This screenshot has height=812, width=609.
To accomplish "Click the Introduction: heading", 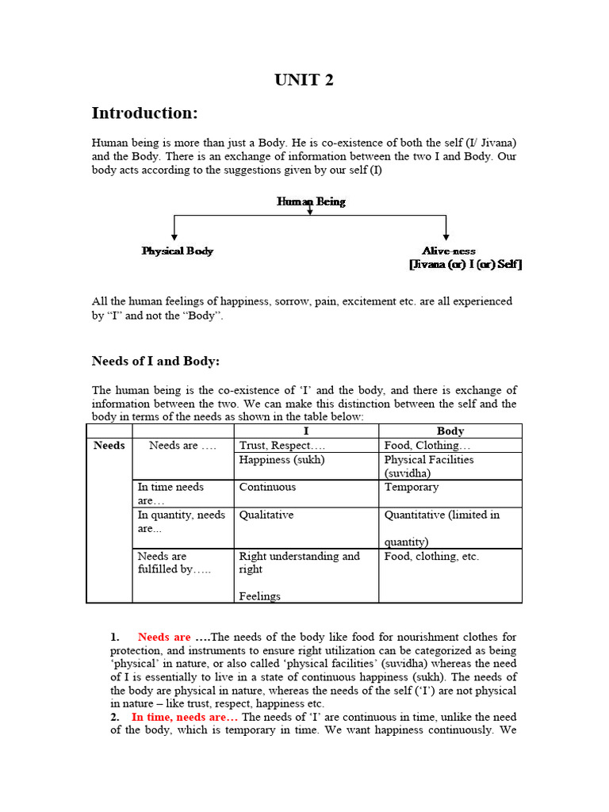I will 144,113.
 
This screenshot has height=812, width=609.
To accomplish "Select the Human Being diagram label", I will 311,201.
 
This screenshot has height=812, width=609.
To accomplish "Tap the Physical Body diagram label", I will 178,251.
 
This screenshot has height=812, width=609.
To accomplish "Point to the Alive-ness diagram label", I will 448,251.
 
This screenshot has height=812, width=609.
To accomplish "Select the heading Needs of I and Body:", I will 155,362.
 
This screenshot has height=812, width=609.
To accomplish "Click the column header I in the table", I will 305,431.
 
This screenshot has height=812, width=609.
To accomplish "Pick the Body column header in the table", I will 450,431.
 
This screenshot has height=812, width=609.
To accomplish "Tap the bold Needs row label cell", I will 109,446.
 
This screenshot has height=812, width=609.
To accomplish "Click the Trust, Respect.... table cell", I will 276,446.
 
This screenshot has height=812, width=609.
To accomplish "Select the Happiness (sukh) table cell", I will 282,460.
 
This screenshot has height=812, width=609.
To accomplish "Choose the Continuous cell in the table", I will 267,487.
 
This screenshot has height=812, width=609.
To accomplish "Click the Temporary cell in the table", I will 411,487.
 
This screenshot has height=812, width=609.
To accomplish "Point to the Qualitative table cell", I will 266,515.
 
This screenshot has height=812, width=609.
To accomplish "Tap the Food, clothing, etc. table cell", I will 431,557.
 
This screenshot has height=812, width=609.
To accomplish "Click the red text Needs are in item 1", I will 164,637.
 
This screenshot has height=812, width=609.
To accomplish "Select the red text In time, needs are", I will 184,717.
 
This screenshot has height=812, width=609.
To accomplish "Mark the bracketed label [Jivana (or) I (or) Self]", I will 465,265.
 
